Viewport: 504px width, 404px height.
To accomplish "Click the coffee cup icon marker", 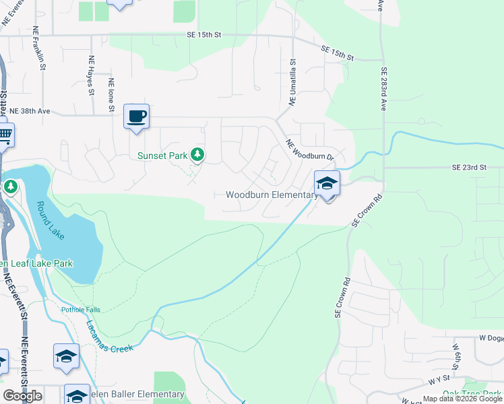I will point(136,116).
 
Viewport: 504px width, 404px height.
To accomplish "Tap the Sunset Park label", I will point(162,156).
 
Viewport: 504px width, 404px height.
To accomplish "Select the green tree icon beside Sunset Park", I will point(197,156).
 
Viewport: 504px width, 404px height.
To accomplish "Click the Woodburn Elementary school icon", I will point(327,183).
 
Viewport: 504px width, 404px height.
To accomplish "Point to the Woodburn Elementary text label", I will point(271,195).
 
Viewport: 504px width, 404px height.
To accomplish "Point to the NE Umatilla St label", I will point(292,81).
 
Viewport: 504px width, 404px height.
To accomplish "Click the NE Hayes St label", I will point(91,74).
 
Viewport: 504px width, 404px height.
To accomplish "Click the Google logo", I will point(23,396).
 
